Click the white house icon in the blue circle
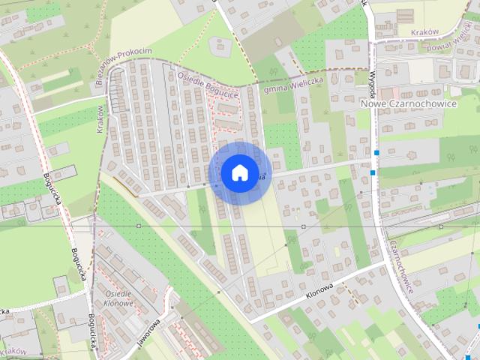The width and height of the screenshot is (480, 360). (239, 172)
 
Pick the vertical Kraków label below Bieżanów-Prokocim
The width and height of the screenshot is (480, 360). (101, 120)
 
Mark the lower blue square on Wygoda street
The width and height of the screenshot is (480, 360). (373, 173)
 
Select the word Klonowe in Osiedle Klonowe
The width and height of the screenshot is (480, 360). (121, 304)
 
